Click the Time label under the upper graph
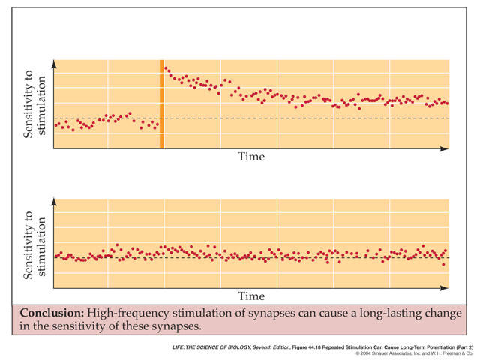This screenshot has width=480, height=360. pyautogui.click(x=251, y=157)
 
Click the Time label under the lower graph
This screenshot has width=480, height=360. pyautogui.click(x=251, y=296)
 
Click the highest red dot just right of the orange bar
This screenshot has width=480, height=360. pyautogui.click(x=166, y=67)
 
